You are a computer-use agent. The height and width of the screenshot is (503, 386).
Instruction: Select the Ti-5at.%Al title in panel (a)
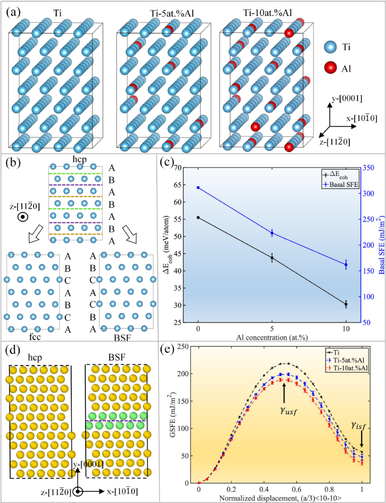172,13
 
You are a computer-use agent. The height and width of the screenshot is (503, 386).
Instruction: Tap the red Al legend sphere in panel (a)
330,67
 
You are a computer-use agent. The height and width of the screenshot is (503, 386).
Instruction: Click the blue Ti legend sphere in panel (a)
330,47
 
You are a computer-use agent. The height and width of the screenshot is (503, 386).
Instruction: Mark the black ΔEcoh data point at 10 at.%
346,304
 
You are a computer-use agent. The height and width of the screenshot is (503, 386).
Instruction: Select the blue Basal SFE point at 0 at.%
198,188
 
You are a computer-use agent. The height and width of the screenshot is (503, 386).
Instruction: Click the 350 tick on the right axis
368,168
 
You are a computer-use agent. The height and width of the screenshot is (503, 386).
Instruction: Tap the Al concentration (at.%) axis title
272,337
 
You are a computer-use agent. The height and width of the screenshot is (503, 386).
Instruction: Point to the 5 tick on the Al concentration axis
272,329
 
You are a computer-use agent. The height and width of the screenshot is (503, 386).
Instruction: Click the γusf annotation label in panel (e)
288,411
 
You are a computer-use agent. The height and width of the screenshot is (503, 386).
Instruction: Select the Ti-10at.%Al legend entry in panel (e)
350,368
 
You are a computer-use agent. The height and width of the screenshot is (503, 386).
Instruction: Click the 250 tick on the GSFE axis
183,347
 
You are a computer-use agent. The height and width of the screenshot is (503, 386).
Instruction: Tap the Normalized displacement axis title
280,498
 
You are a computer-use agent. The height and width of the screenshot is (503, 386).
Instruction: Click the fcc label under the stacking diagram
35,337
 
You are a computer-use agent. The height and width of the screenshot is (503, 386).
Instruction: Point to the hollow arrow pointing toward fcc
36,234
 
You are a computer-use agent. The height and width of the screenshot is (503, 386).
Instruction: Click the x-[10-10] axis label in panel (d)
122,492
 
